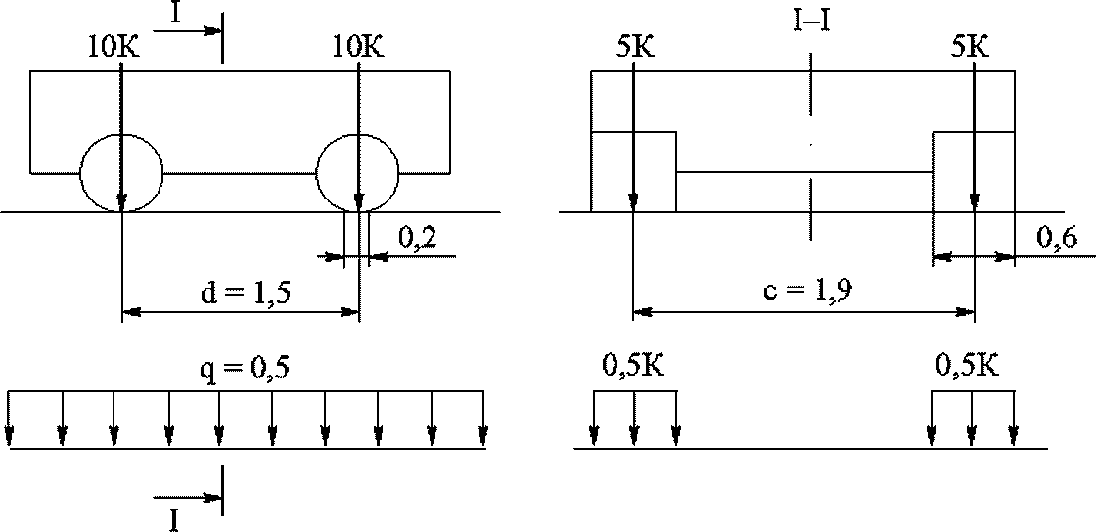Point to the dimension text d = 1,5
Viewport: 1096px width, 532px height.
click(244, 293)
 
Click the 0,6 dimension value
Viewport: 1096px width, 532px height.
click(1057, 238)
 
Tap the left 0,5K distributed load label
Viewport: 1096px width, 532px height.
click(633, 366)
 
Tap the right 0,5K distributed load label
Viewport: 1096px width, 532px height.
click(968, 366)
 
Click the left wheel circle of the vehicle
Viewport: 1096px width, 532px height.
click(80, 172)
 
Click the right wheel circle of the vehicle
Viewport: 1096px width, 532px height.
click(316, 172)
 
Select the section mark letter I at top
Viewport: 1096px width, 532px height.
click(176, 13)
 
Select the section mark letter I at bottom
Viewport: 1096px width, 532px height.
click(174, 520)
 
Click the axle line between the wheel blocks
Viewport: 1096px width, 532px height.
click(804, 172)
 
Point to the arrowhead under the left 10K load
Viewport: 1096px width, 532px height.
click(122, 201)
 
